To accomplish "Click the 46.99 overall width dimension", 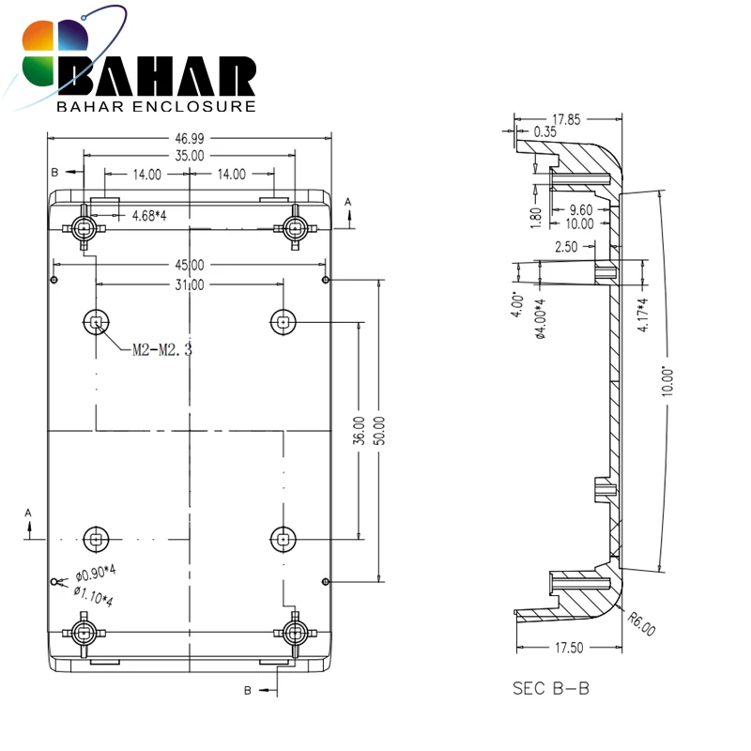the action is click(x=190, y=139).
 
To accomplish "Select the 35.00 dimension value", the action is click(x=190, y=156).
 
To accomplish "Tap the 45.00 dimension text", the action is click(x=190, y=265).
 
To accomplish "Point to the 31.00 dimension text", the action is click(x=190, y=285).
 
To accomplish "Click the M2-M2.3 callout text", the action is click(x=162, y=350).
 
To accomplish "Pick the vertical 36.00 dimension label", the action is click(x=359, y=431).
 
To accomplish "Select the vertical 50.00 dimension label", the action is click(x=379, y=431).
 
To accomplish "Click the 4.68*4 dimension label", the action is click(x=149, y=216).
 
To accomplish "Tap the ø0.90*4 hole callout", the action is click(x=96, y=573).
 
